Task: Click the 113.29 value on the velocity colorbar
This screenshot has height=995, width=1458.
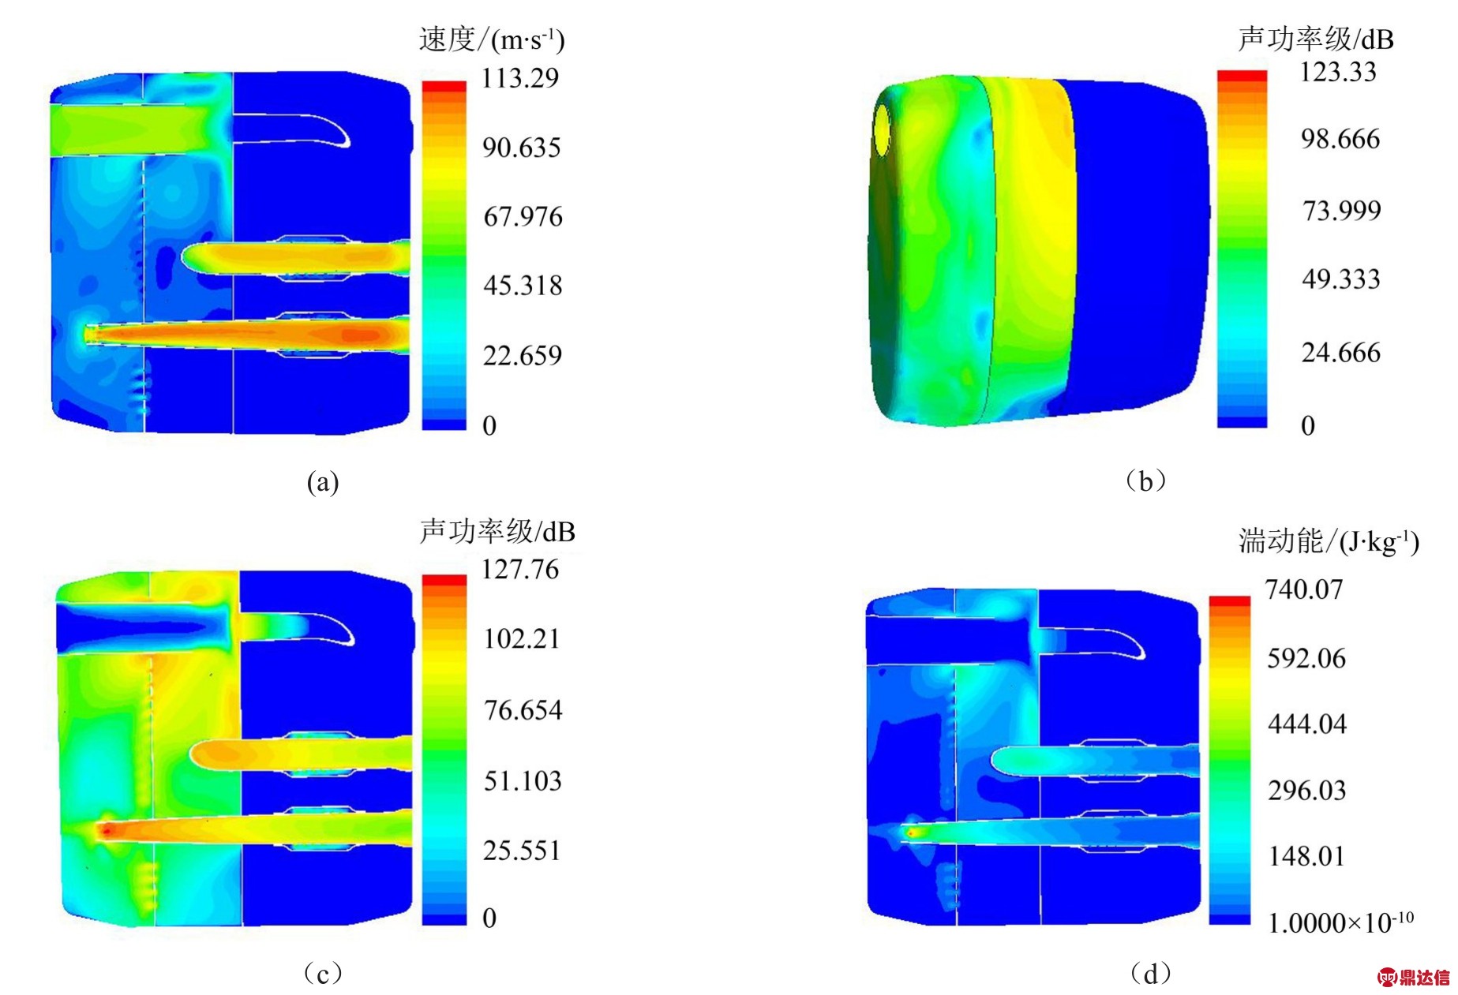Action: [520, 78]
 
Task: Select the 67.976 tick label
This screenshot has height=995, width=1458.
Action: [523, 216]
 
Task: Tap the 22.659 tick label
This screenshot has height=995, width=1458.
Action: [523, 355]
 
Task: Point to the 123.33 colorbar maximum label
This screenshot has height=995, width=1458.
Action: [1338, 72]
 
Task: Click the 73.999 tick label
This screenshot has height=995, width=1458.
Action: [1341, 211]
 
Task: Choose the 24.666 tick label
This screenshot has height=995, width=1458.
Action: [1341, 352]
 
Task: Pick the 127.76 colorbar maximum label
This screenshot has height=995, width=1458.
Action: [520, 569]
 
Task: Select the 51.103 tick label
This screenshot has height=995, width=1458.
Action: [523, 780]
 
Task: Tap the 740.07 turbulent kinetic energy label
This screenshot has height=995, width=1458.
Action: [1304, 589]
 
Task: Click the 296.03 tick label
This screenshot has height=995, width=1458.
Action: [1306, 790]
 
